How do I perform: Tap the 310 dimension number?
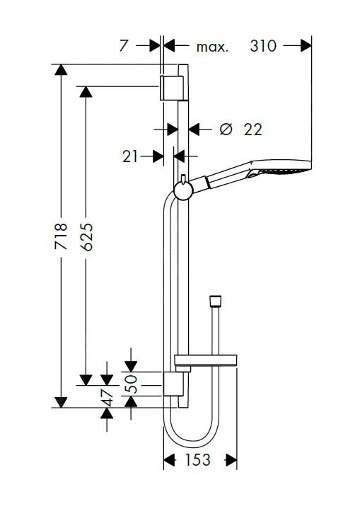click(x=263, y=47)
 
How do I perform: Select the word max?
click(x=212, y=47)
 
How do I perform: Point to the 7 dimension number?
click(x=124, y=47)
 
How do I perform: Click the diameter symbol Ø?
click(x=225, y=129)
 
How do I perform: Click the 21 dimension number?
click(x=129, y=156)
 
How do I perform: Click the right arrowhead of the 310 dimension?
click(x=306, y=47)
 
